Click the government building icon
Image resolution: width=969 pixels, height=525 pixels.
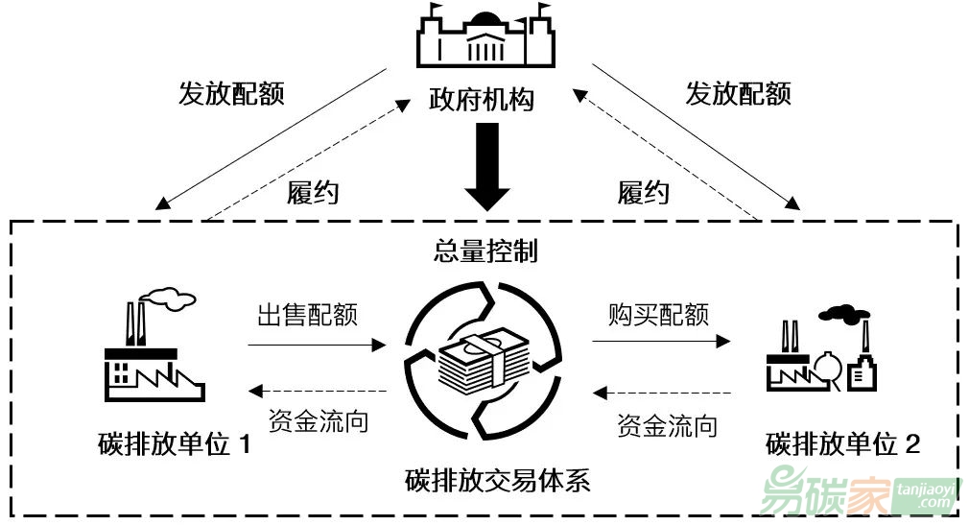click(x=485, y=43)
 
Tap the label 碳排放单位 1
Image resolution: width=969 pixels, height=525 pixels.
click(x=174, y=444)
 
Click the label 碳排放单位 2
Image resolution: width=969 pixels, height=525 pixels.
click(x=843, y=444)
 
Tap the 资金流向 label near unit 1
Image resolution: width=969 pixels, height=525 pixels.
click(x=317, y=420)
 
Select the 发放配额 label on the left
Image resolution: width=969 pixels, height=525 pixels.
click(x=231, y=93)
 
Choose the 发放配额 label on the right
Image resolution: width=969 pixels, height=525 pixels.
click(x=738, y=93)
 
